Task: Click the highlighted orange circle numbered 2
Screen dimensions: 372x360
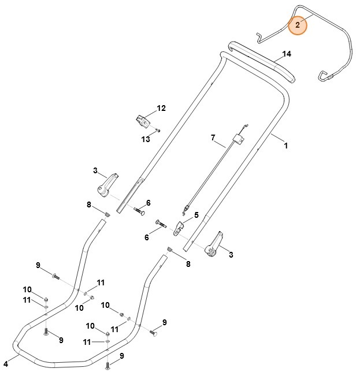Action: click(x=297, y=25)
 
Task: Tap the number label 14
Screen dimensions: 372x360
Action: click(x=287, y=55)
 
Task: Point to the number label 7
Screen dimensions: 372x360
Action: click(x=213, y=137)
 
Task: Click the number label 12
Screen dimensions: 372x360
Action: click(x=161, y=108)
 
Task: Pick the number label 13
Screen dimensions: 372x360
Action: click(x=146, y=139)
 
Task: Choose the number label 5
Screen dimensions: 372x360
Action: click(x=196, y=215)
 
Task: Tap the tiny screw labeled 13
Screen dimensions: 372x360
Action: click(x=158, y=131)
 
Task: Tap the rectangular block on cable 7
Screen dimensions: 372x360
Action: click(x=236, y=139)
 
